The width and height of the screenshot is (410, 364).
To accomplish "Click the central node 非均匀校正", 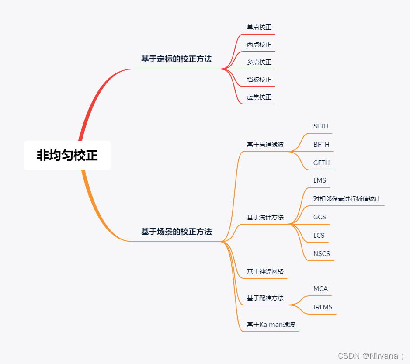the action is pyautogui.click(x=67, y=156).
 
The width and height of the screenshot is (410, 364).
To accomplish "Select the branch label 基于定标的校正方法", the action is pyautogui.click(x=176, y=59).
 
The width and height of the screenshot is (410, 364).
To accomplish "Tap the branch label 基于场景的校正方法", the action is pyautogui.click(x=176, y=232).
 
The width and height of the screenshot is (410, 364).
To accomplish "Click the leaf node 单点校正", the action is pyautogui.click(x=259, y=27).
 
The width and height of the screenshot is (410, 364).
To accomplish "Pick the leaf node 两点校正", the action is pyautogui.click(x=259, y=45).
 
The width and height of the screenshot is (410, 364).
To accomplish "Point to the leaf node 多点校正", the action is pyautogui.click(x=259, y=62).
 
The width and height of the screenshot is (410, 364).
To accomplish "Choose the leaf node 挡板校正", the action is pyautogui.click(x=259, y=80).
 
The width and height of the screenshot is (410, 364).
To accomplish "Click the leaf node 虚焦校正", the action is pyautogui.click(x=259, y=97).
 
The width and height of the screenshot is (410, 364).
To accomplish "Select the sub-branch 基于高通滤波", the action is pyautogui.click(x=265, y=145).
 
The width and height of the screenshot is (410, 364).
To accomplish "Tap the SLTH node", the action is pyautogui.click(x=321, y=126).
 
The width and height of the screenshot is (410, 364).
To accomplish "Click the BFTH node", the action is pyautogui.click(x=321, y=145).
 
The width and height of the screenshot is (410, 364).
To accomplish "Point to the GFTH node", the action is pyautogui.click(x=321, y=163).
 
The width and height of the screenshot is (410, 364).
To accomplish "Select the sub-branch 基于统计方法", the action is pyautogui.click(x=265, y=217).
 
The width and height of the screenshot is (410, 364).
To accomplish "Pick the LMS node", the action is pyautogui.click(x=320, y=180).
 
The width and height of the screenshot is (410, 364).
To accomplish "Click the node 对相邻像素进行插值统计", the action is pyautogui.click(x=347, y=199).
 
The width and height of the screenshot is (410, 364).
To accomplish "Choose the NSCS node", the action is pyautogui.click(x=322, y=254).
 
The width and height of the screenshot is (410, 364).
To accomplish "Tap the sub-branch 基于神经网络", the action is pyautogui.click(x=265, y=271).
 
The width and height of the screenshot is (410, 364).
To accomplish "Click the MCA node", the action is pyautogui.click(x=320, y=289).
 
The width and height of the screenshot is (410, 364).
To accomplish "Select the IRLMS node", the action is pyautogui.click(x=323, y=307).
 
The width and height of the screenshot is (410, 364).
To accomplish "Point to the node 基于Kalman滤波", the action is pyautogui.click(x=271, y=325).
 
